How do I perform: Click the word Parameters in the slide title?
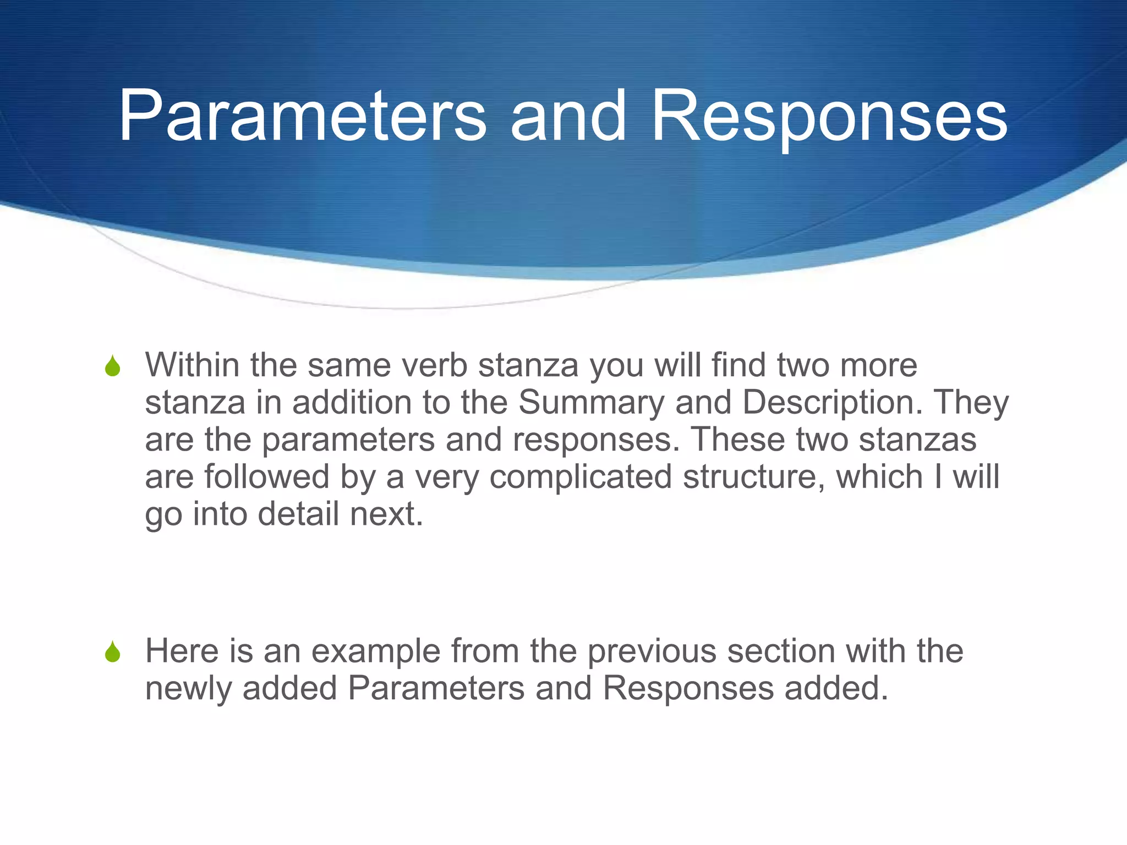[302, 117]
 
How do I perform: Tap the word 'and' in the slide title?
[567, 117]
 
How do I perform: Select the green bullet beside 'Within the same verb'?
[113, 366]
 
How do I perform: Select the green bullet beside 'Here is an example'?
[113, 652]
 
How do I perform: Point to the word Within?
[192, 365]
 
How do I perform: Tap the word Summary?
[591, 403]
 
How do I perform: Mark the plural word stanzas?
[917, 440]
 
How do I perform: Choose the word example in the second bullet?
[376, 651]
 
